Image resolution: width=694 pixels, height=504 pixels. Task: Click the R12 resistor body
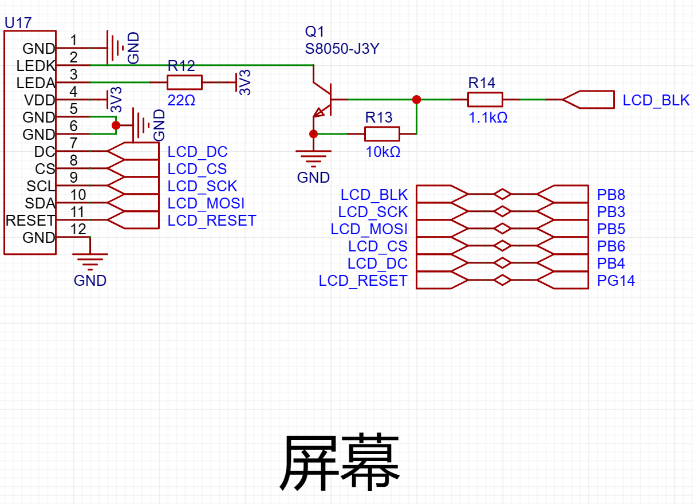[x=184, y=82]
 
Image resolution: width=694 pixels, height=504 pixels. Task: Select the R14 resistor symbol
[x=485, y=100]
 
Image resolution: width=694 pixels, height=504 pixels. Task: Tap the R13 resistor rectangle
[x=382, y=134]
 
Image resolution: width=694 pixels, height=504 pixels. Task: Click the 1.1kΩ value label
[x=488, y=118]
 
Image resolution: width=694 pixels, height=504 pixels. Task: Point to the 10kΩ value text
[x=383, y=152]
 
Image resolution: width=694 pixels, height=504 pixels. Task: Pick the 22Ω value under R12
[x=182, y=100]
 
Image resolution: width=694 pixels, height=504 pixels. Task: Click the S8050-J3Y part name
[x=342, y=49]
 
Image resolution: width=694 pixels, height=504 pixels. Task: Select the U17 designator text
[x=18, y=23]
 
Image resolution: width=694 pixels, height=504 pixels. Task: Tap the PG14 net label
[x=616, y=281]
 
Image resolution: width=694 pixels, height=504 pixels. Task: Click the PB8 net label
[x=611, y=195]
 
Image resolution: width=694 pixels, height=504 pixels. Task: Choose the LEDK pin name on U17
[x=36, y=66]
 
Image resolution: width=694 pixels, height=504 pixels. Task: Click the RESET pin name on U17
[x=30, y=220]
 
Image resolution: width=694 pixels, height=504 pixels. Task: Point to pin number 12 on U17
[x=78, y=229]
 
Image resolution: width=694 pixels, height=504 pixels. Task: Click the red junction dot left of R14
[x=416, y=100]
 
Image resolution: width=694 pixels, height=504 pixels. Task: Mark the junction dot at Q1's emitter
[x=313, y=134]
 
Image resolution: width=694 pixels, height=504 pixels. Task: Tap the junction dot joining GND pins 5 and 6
[x=116, y=125]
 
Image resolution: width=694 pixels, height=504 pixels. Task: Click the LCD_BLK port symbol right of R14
[x=588, y=100]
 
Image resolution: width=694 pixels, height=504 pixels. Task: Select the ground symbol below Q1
[x=313, y=159]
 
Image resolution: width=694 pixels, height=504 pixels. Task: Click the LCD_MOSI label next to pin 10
[x=206, y=204]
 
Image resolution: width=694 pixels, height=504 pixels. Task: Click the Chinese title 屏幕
[x=340, y=462]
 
